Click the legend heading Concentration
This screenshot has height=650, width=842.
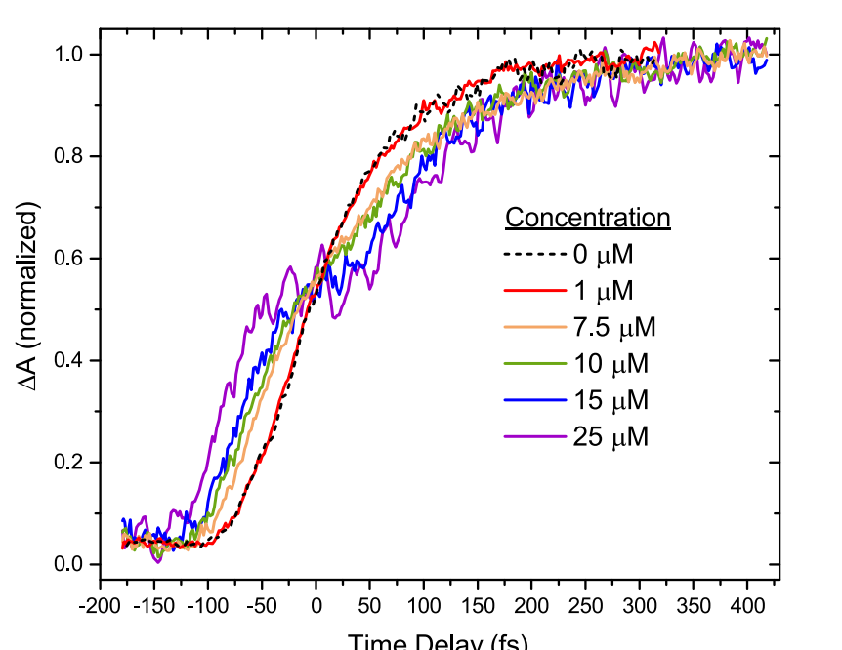pos(587,217)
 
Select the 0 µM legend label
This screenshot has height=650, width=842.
pos(603,256)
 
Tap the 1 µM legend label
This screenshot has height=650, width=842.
pos(603,292)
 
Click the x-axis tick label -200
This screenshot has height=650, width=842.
pos(100,607)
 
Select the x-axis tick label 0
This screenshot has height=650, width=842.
pos(316,607)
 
